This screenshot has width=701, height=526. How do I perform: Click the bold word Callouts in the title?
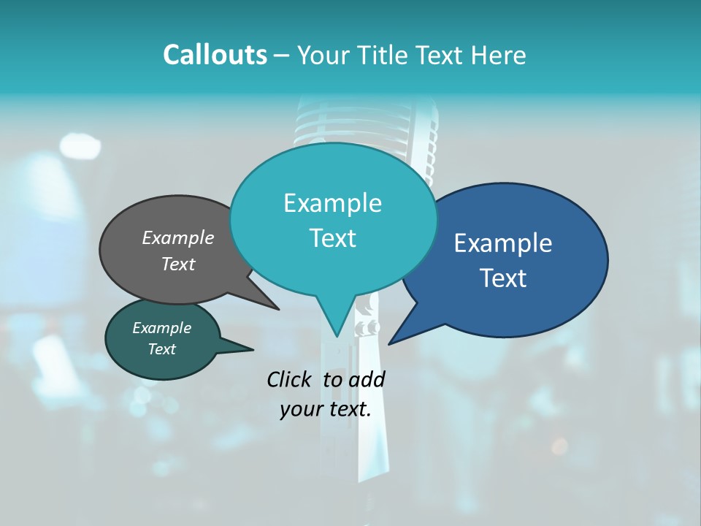coord(215,55)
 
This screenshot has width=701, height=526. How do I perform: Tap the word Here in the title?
coord(499,55)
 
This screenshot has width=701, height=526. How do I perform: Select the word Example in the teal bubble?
coord(332,203)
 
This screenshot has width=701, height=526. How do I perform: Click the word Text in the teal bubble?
coord(332,238)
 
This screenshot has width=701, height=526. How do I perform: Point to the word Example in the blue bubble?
coord(503,243)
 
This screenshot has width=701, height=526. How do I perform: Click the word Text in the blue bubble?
coord(503,278)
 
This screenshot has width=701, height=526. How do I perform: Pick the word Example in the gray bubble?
coord(178,237)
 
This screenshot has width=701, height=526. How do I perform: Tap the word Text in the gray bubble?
coord(178,264)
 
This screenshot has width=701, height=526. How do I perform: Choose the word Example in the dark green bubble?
coord(161,328)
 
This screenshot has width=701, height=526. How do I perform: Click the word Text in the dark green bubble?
coord(161,349)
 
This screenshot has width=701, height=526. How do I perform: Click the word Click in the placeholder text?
coord(291,379)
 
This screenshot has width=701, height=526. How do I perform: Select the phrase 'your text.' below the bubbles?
coord(325,410)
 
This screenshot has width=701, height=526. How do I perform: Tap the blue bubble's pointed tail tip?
coord(389,343)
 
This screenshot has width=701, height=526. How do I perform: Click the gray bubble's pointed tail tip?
coord(278,309)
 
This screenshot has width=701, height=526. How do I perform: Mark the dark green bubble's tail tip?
coord(253,349)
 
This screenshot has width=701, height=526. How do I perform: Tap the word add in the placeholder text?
coord(367,379)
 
